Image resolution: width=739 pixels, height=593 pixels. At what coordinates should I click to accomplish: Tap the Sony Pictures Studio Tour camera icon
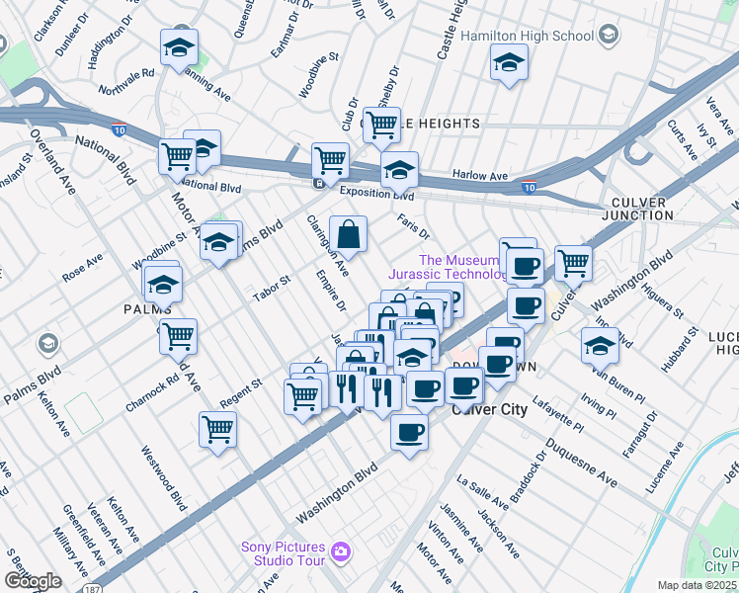[341, 551]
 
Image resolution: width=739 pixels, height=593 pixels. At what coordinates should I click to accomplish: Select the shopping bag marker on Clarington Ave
[348, 235]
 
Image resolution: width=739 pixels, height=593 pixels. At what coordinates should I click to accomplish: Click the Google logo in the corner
[33, 581]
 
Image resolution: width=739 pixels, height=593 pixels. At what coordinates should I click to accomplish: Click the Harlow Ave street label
[478, 175]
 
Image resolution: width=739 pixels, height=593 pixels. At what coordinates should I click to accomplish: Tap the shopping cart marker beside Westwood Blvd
[217, 430]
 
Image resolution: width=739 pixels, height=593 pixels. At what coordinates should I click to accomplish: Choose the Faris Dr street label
[413, 227]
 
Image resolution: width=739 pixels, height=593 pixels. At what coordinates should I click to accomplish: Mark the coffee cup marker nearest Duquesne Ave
[409, 431]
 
